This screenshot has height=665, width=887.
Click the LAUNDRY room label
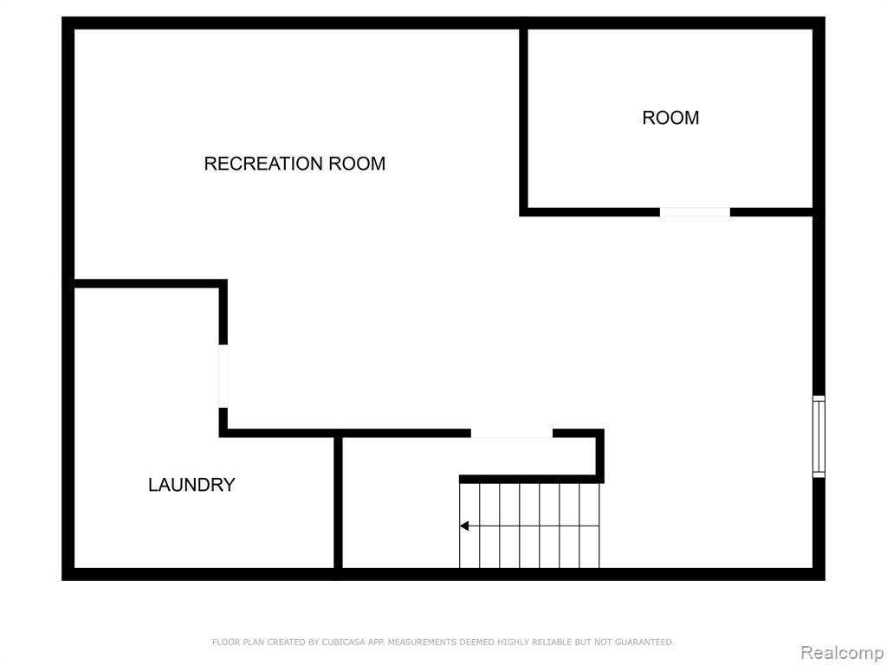(191, 485)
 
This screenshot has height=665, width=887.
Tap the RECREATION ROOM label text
(295, 164)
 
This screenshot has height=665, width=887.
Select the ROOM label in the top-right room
(670, 118)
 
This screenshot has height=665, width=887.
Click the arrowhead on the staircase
(464, 526)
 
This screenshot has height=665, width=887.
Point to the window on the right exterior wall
(819, 436)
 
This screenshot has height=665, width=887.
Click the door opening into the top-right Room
(695, 212)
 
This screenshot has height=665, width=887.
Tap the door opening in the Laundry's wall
(223, 376)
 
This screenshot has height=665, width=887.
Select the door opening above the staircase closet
(511, 434)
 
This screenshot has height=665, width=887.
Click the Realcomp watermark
(843, 653)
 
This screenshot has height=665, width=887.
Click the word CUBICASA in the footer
(343, 642)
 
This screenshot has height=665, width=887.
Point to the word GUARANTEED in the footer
(644, 642)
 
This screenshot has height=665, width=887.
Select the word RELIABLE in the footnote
(552, 642)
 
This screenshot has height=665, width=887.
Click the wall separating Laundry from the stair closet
(339, 503)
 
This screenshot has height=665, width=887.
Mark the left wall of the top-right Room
(524, 119)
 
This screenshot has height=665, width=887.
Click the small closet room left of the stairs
(398, 503)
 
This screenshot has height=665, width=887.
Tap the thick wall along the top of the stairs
(531, 480)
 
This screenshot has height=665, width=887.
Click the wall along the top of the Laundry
(150, 283)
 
